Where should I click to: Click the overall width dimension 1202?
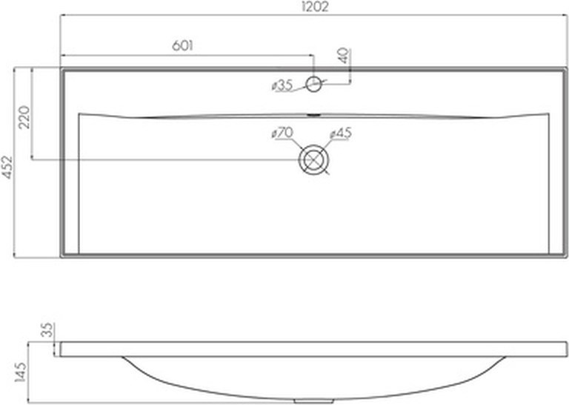pyautogui.click(x=315, y=7)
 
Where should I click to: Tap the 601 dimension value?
pyautogui.click(x=182, y=46)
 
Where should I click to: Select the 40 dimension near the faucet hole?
pyautogui.click(x=344, y=56)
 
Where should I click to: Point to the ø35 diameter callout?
pyautogui.click(x=282, y=86)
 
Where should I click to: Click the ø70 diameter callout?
pyautogui.click(x=282, y=133)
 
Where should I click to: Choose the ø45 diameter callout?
pyautogui.click(x=341, y=134)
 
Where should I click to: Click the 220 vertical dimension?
pyautogui.click(x=24, y=117)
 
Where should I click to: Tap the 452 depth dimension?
pyautogui.click(x=7, y=167)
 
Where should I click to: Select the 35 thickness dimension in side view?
pyautogui.click(x=48, y=330)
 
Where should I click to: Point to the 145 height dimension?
pyautogui.click(x=20, y=372)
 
